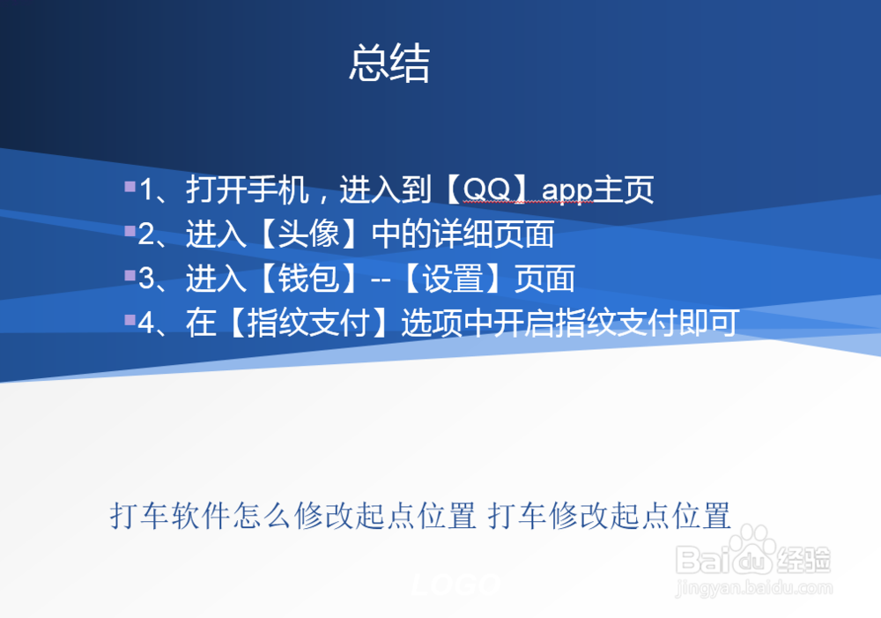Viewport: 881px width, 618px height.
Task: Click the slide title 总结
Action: point(389,64)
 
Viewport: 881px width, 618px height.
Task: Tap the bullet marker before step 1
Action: point(130,187)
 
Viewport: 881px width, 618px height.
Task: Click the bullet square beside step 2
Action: point(130,232)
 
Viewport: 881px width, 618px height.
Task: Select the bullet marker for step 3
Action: point(130,276)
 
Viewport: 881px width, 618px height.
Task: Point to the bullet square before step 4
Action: point(130,320)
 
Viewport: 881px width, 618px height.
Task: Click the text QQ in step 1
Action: point(485,190)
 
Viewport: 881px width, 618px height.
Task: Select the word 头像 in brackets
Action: point(309,235)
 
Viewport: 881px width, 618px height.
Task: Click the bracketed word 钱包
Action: point(309,279)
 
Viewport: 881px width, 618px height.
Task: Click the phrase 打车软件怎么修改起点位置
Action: point(293,516)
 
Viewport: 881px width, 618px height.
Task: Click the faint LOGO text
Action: point(456,584)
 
